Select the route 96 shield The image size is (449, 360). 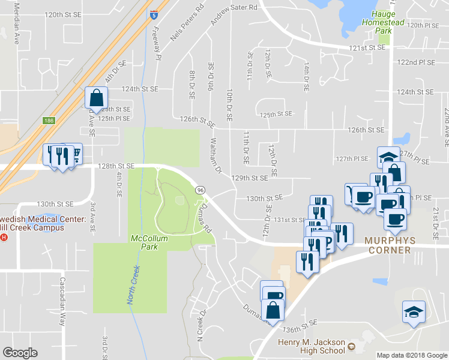200,190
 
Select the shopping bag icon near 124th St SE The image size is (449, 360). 96,96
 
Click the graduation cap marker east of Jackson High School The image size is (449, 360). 413,312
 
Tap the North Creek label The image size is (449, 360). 133,286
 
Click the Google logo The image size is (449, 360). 20,353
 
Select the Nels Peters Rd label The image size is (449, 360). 187,25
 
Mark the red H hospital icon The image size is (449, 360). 4,237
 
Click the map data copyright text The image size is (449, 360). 412,355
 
